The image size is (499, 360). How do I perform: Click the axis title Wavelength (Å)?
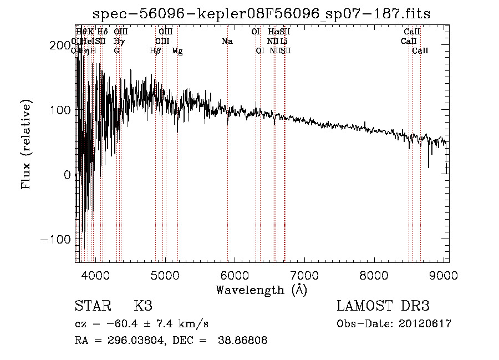click(x=261, y=290)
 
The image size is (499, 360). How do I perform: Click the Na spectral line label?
click(x=227, y=41)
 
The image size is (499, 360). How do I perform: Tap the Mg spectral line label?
click(x=177, y=51)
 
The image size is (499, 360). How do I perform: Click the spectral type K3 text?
click(x=143, y=306)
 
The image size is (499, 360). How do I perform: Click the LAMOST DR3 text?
click(x=383, y=306)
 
